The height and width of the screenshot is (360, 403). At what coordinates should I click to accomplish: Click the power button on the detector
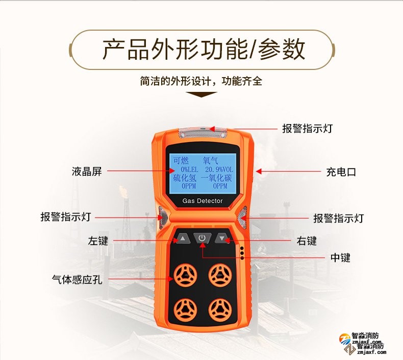point(202,238)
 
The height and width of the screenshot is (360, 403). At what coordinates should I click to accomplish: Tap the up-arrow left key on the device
point(182,238)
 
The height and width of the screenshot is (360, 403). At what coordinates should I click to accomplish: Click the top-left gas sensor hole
point(185,276)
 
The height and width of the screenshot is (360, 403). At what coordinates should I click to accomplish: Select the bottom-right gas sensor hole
point(220,310)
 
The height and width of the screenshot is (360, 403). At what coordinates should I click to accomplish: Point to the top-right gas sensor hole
point(220,276)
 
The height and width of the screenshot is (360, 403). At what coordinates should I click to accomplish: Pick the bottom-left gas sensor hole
point(185,310)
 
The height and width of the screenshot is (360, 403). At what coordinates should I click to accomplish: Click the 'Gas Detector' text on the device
point(203,201)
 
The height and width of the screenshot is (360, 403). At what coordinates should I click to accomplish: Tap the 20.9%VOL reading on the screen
point(219,170)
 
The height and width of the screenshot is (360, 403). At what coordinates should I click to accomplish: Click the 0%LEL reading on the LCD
point(189,170)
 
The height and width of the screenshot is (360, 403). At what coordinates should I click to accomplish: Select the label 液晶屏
point(87,172)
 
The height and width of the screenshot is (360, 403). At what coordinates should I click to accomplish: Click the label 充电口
point(341,172)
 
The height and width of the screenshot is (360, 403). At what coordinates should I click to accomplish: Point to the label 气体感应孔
point(77,279)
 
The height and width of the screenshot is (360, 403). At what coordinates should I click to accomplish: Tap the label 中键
point(340,257)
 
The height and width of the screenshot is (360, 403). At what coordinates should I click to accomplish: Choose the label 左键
point(98,241)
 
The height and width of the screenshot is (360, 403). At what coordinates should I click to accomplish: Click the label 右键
point(307,241)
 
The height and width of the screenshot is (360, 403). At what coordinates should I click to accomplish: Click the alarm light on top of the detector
point(203,133)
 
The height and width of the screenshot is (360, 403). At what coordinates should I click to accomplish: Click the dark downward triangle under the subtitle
point(201,94)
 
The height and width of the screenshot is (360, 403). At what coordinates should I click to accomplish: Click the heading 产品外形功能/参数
point(204,50)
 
